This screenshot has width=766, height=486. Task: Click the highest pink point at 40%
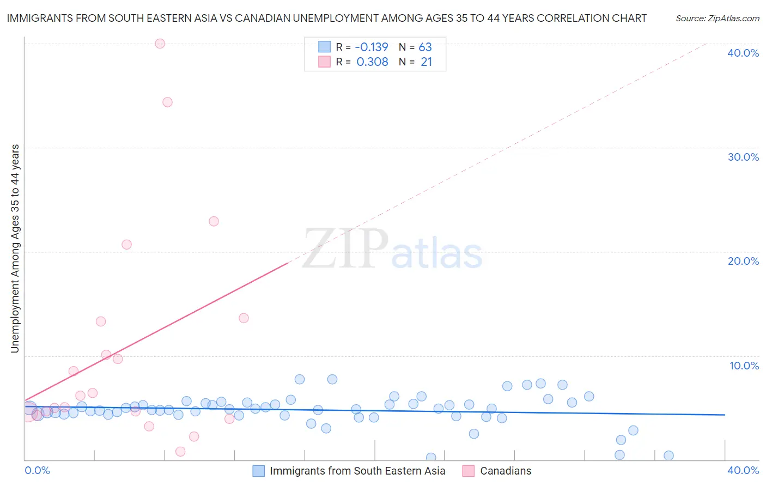coord(160,44)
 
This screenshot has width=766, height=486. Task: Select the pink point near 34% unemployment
coord(167,102)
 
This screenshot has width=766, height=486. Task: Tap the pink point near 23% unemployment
coord(214,221)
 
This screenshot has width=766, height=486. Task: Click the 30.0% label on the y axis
coord(743,157)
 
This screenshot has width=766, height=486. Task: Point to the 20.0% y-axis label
coord(743,261)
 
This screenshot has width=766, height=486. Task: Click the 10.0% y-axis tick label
coord(744,366)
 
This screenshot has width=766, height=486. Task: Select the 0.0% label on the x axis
coord(37,470)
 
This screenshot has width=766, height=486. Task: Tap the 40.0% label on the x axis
coord(743,470)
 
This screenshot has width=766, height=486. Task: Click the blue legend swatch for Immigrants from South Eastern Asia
coord(259,471)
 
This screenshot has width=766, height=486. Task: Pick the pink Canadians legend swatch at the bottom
coord(469,471)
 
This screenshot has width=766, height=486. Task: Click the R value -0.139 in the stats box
coord(372,47)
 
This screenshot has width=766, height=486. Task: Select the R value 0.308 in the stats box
coord(372,62)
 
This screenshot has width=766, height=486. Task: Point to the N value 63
coord(425,47)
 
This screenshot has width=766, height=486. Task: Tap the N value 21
coord(426,62)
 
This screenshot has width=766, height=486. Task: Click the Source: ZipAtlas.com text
coord(717,19)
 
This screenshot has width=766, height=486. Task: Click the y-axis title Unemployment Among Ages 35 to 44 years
coord(15,248)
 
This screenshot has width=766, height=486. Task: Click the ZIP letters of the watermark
coord(345,248)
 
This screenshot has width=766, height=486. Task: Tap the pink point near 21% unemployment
coord(126,245)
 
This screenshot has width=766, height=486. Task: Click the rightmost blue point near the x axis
coord(668,455)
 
